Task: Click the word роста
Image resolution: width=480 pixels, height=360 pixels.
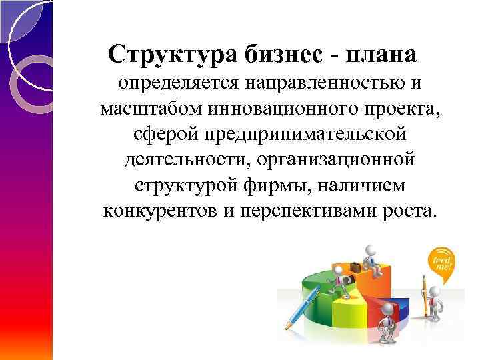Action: pos(411,211)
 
